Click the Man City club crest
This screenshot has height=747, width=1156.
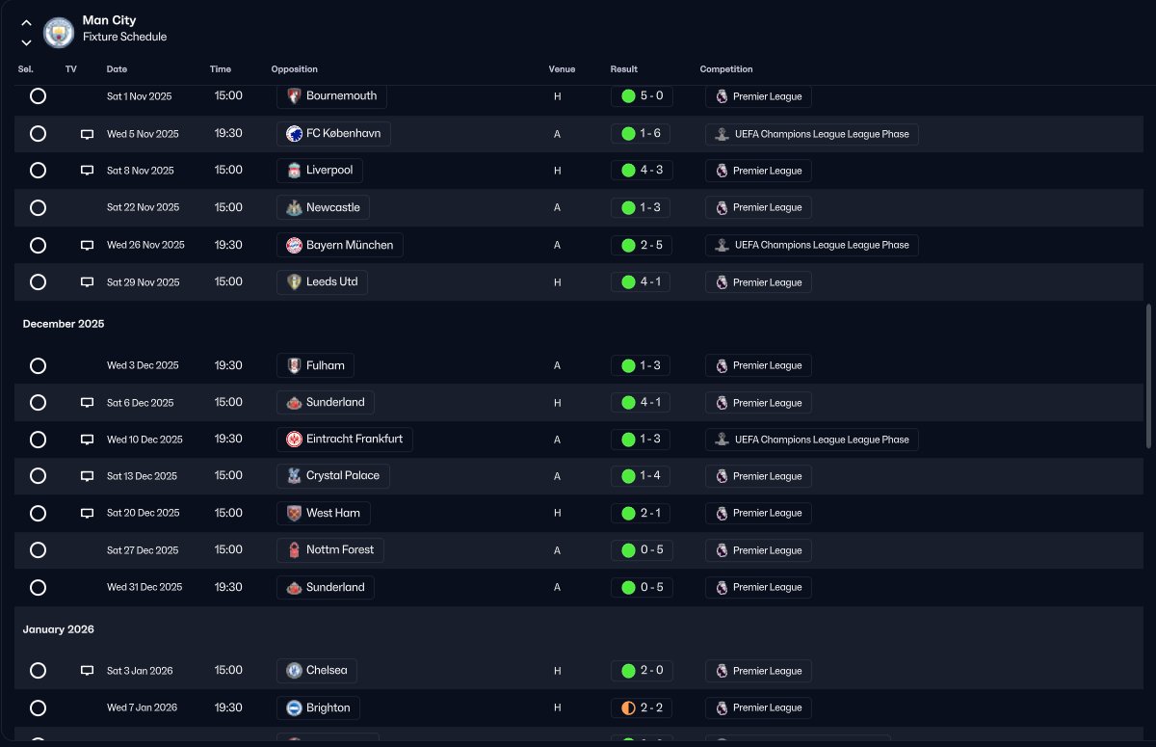[x=59, y=32]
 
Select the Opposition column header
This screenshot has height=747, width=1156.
[x=294, y=69]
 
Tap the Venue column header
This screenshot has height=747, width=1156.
[x=562, y=69]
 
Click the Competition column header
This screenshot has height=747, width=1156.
[x=725, y=69]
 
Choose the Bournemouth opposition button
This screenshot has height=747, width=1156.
[x=331, y=96]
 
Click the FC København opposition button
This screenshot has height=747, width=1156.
[x=333, y=133]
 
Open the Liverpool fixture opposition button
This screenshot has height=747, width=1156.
[x=320, y=171]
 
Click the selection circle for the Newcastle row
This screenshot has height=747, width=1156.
[x=38, y=207]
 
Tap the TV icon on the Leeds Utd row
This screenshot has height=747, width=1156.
[x=87, y=282]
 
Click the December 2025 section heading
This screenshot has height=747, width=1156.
[x=64, y=324]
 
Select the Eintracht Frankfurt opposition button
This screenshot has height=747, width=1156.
[x=345, y=439]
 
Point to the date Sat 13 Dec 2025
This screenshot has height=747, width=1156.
[x=142, y=476]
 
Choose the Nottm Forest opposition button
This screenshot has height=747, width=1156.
[x=330, y=550]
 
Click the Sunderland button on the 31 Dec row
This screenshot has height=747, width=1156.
[x=326, y=587]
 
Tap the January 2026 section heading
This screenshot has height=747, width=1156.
[x=59, y=629]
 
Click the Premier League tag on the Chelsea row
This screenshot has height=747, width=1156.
[x=758, y=671]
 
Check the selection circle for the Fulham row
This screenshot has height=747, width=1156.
[x=38, y=365]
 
